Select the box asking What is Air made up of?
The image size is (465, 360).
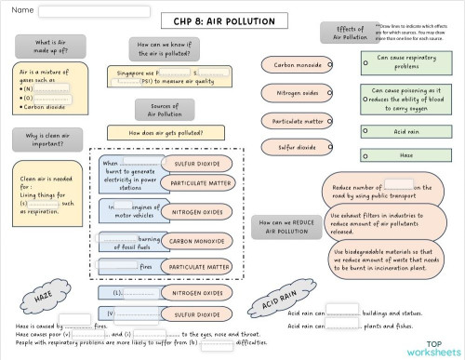[49, 47]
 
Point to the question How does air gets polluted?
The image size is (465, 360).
[165, 133]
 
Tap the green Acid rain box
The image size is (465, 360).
[408, 131]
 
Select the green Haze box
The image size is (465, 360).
[408, 155]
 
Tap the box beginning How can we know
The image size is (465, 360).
[165, 49]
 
